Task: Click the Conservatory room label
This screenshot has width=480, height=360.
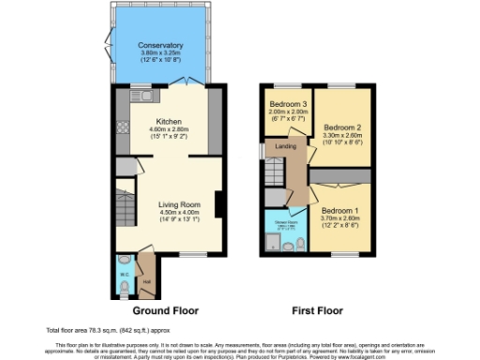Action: click(159, 46)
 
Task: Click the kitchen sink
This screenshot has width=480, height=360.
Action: click(147, 95)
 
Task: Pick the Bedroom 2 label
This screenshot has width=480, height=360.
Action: click(341, 126)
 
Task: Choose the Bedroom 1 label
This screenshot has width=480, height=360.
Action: click(339, 211)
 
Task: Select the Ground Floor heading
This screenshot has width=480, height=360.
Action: click(165, 309)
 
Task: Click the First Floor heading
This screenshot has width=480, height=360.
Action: click(317, 309)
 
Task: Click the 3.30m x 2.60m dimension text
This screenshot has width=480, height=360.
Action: click(341, 135)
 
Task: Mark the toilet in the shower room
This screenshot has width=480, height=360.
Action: click(298, 244)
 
